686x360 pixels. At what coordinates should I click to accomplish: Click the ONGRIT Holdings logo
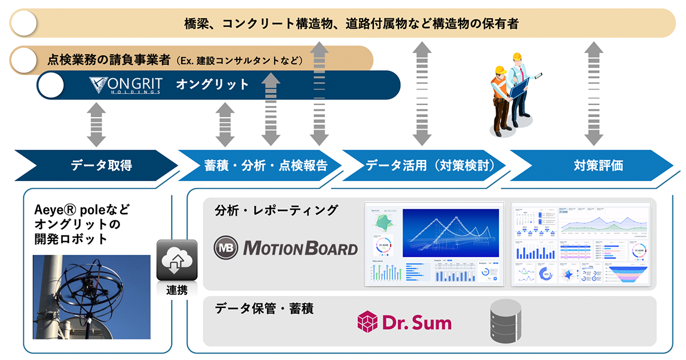coord(125,85)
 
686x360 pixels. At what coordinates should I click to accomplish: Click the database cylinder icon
coord(506,322)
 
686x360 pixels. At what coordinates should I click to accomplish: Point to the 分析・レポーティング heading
coord(276,210)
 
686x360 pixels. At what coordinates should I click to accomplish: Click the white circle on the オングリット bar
coord(51,85)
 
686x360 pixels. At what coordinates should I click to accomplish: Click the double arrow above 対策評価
coord(594,94)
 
